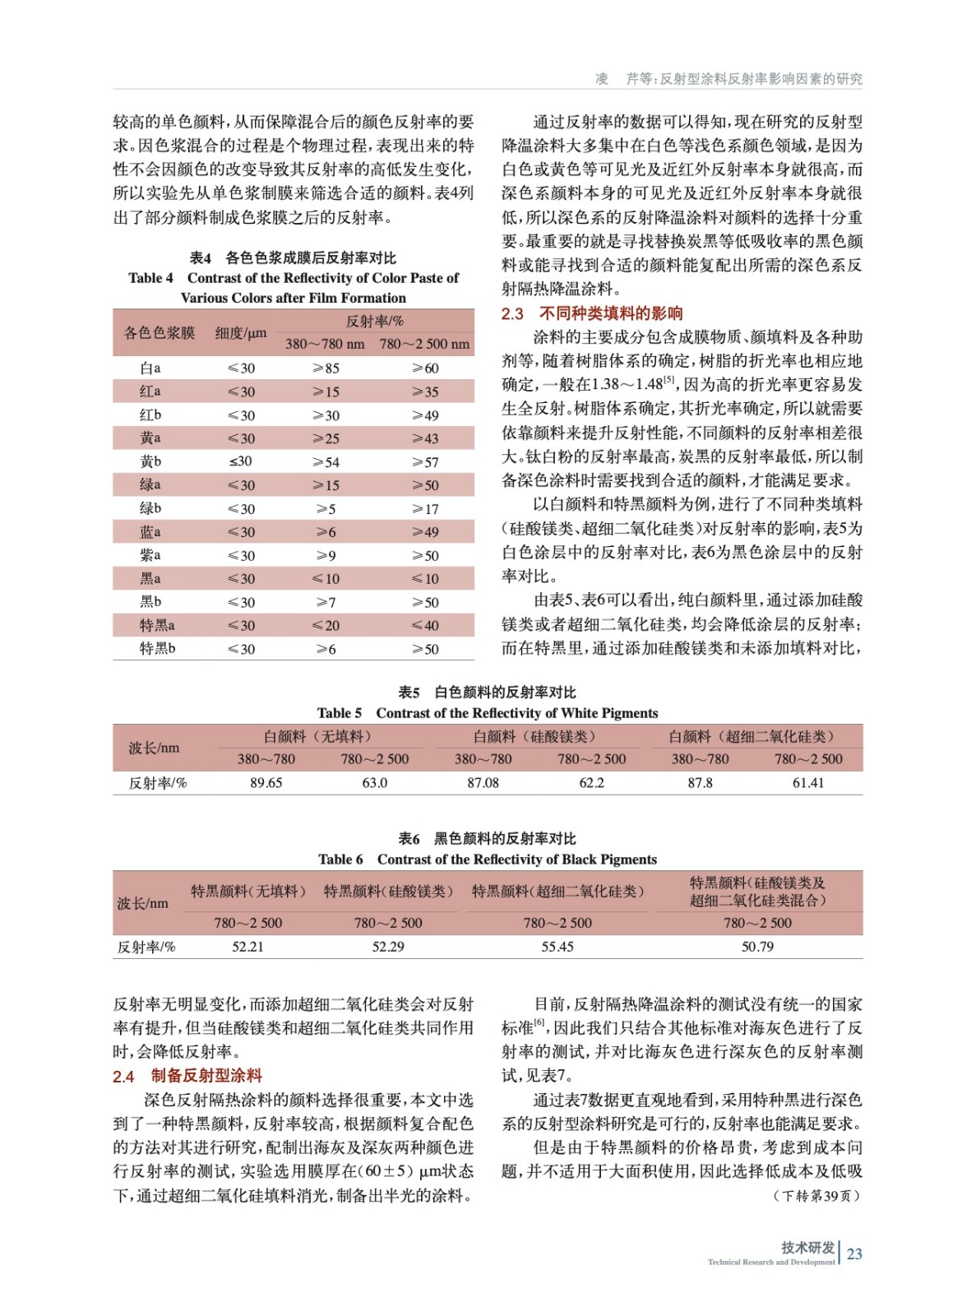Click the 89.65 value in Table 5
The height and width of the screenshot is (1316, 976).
[x=266, y=783]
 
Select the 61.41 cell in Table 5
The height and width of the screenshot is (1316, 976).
[x=807, y=783]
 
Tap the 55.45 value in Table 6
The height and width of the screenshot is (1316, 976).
[x=557, y=947]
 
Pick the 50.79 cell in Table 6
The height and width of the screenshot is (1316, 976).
[x=757, y=947]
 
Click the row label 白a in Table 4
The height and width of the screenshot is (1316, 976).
[x=150, y=368]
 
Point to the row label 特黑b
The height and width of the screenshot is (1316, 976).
[x=157, y=648]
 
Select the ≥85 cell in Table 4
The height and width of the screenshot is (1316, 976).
[x=326, y=368]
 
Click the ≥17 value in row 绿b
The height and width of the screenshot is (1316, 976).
[x=425, y=509]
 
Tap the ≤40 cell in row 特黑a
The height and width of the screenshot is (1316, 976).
[x=425, y=625]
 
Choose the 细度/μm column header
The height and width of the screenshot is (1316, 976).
[x=241, y=333]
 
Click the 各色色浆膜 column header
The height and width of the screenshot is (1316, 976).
[x=160, y=333]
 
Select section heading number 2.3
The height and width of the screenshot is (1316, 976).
[x=512, y=313]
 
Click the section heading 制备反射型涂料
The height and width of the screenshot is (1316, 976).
[x=206, y=1076]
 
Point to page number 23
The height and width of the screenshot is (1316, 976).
[x=854, y=1253]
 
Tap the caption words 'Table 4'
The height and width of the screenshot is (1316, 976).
[x=150, y=278]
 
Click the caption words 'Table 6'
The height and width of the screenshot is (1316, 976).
[x=340, y=860]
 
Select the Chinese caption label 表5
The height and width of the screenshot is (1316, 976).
[x=409, y=693]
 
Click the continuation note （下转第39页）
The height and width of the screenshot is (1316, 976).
[x=816, y=1195]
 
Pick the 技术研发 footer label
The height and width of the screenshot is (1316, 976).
[x=807, y=1248]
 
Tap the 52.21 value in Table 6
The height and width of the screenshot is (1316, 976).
[x=247, y=947]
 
